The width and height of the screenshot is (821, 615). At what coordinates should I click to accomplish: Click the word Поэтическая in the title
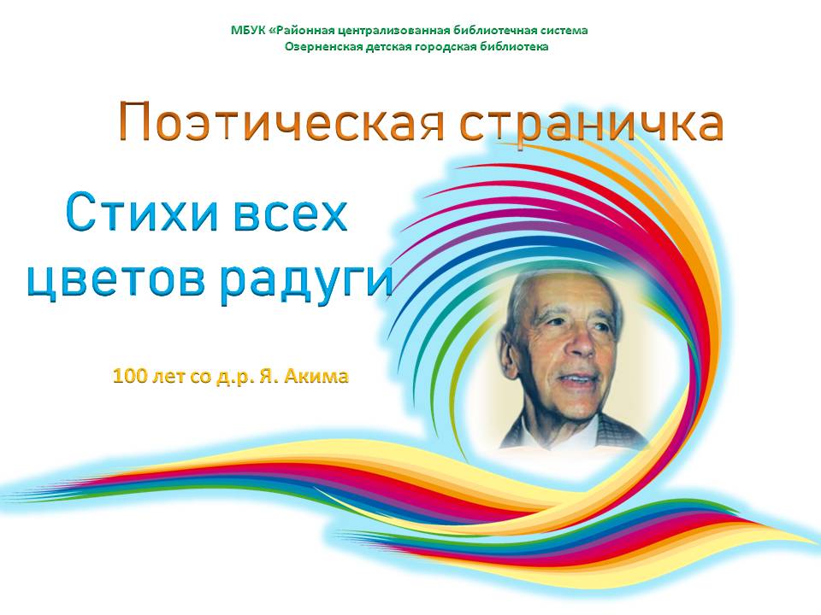point(281,121)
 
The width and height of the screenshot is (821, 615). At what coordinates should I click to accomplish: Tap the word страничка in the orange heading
point(592,126)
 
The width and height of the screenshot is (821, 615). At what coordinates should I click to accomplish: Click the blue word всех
point(290,214)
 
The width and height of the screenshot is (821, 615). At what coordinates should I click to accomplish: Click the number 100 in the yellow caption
point(129,376)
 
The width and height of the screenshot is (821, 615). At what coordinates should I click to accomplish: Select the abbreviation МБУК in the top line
point(248,31)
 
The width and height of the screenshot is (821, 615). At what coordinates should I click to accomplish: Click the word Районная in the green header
point(303,31)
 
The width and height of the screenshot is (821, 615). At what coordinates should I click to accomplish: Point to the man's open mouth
point(576,379)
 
